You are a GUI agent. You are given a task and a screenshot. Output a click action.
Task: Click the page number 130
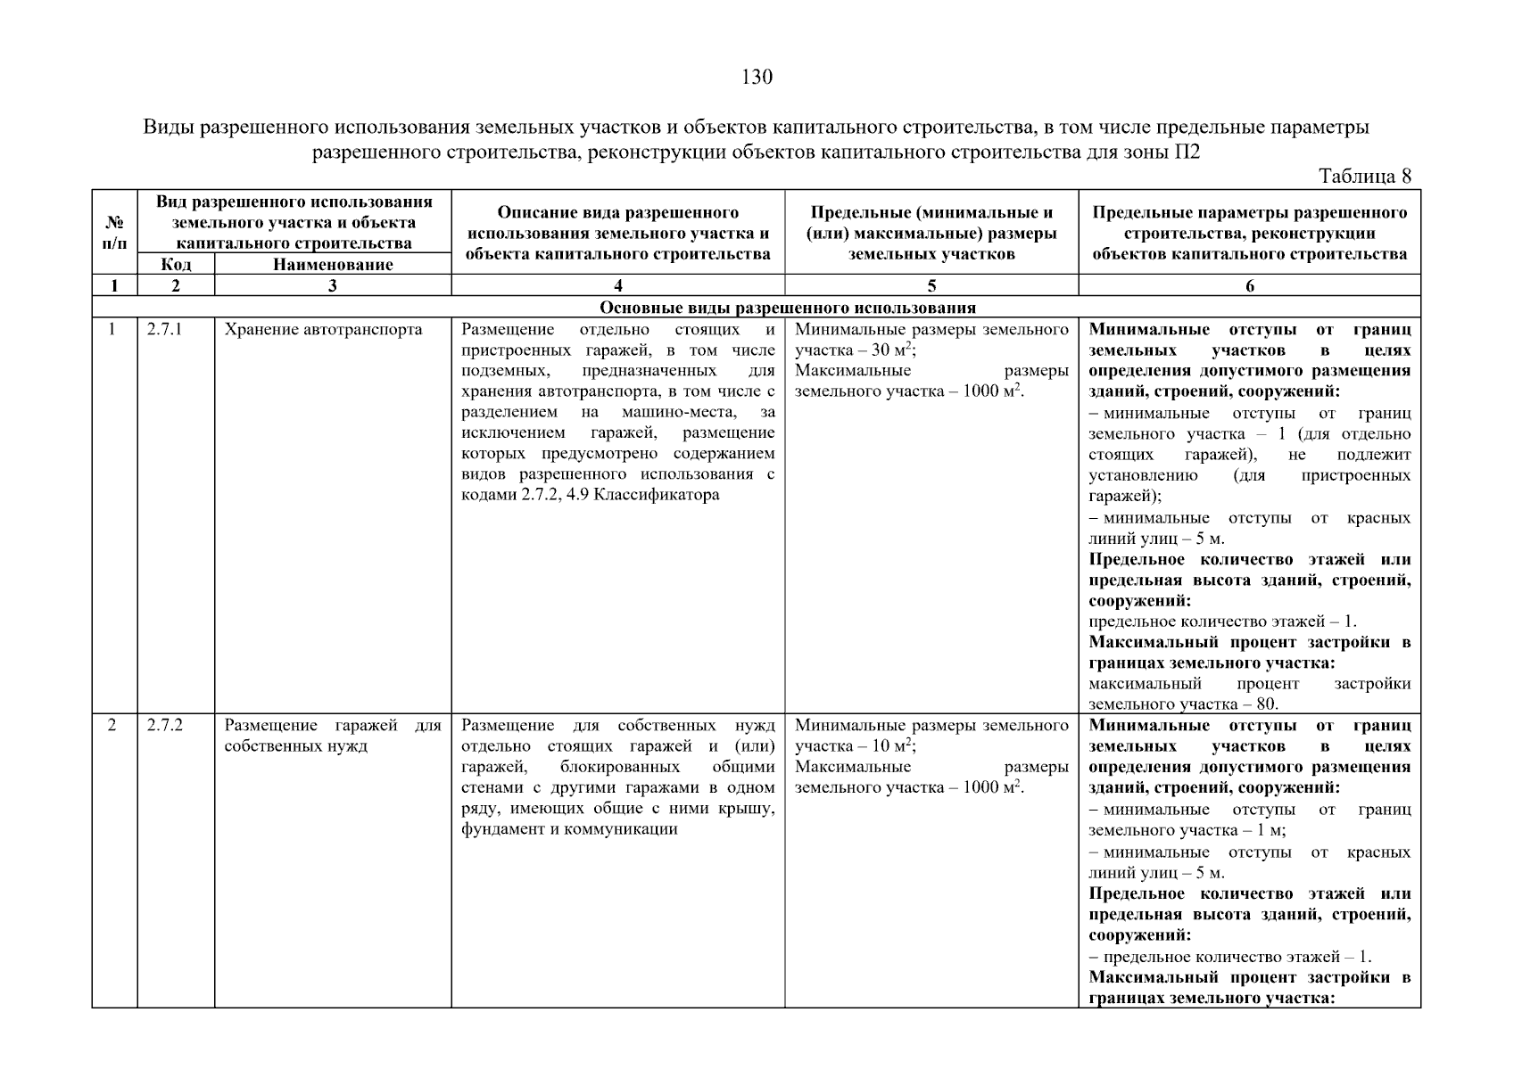click(x=757, y=78)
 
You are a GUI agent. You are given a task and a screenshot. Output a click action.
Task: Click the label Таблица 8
click(x=1364, y=177)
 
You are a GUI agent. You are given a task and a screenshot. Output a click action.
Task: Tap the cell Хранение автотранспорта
click(x=323, y=330)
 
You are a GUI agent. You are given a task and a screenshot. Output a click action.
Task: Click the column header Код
click(x=176, y=265)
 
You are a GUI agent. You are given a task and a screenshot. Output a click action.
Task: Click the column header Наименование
click(x=332, y=265)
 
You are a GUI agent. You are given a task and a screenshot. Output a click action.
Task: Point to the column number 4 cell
click(x=617, y=286)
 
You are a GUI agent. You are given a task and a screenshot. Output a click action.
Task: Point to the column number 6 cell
click(x=1249, y=286)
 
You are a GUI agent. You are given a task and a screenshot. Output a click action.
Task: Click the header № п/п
click(x=114, y=232)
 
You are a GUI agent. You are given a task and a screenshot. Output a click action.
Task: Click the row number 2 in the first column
click(x=112, y=726)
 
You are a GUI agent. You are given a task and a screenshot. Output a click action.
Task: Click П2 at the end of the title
click(x=1187, y=152)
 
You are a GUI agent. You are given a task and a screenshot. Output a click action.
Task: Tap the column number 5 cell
click(x=931, y=286)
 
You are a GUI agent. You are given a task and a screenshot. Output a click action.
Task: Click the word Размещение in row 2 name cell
click(x=265, y=726)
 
